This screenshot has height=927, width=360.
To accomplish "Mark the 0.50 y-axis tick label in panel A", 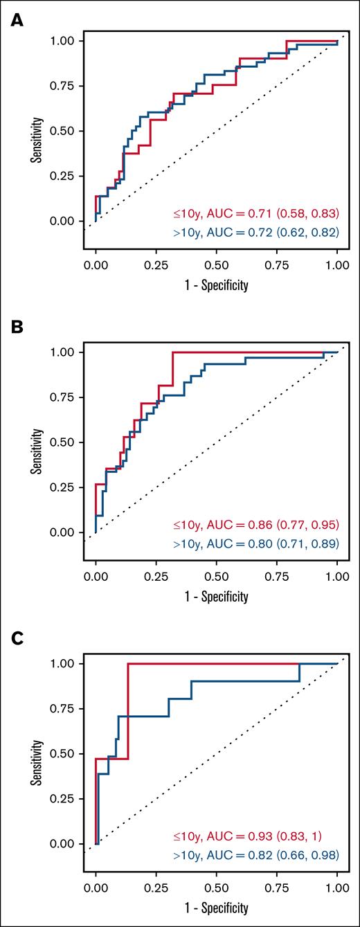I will click(x=65, y=131).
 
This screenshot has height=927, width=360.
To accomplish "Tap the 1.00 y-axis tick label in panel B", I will click(x=65, y=352).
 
